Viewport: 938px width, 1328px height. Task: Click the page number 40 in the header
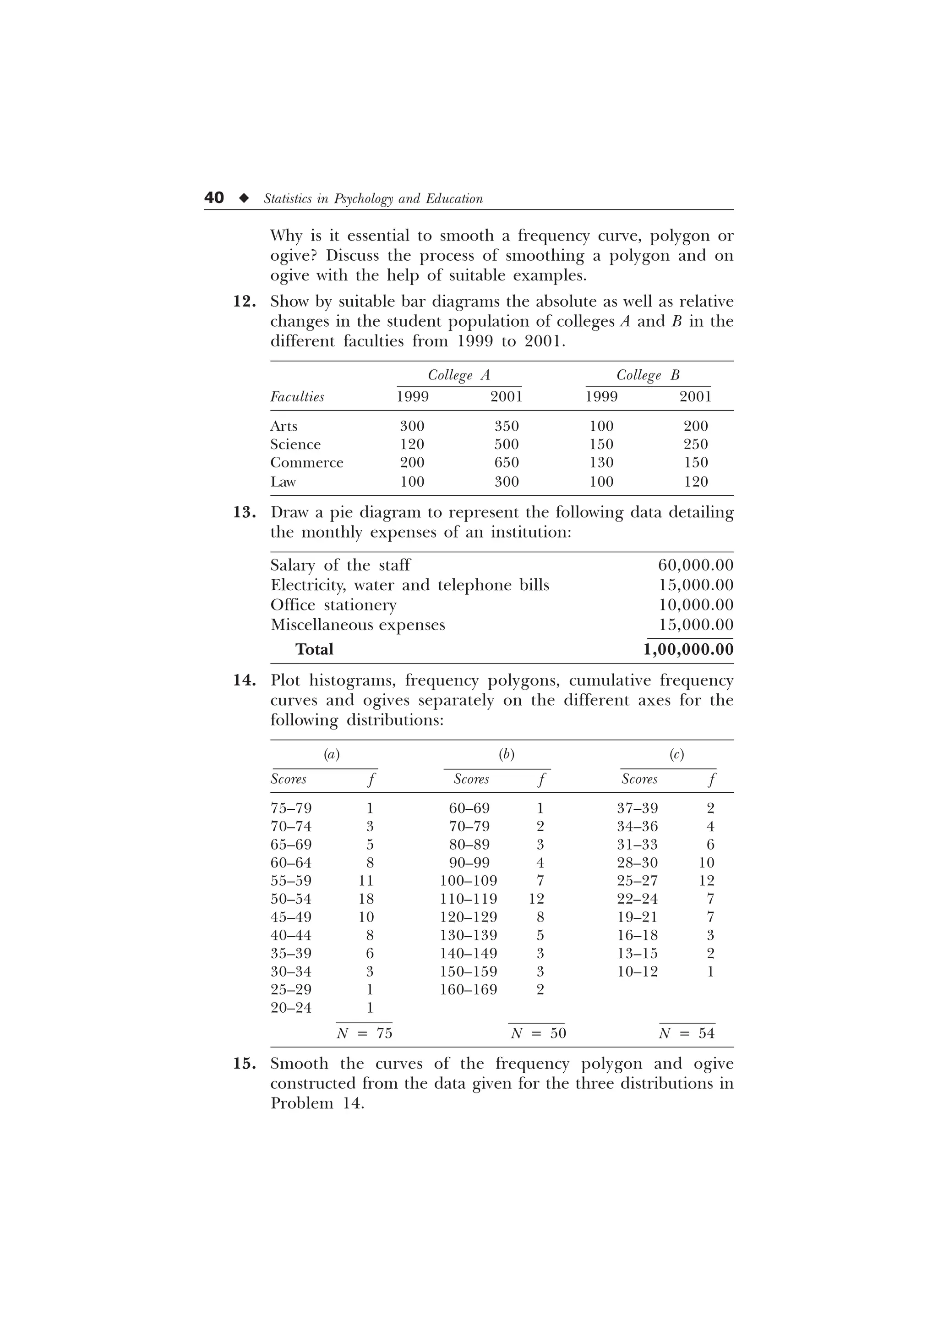(x=214, y=198)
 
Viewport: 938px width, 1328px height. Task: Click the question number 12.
(x=245, y=302)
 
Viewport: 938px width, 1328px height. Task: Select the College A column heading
(x=459, y=375)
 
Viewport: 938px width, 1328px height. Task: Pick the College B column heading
(x=648, y=375)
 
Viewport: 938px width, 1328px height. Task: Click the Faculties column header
(x=297, y=397)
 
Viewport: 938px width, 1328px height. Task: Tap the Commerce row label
(x=306, y=463)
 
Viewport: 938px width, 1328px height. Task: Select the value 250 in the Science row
(x=695, y=444)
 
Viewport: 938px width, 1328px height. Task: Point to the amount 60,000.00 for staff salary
(x=695, y=565)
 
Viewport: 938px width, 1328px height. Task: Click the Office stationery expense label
(x=333, y=605)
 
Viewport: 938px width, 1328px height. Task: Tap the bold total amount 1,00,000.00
(x=688, y=649)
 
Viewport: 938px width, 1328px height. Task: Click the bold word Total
(x=314, y=649)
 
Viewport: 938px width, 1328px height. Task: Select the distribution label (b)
(x=506, y=754)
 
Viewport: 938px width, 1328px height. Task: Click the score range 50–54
(x=291, y=899)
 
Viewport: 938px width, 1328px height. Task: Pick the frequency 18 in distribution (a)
(x=366, y=899)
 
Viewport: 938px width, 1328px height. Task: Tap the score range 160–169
(x=468, y=990)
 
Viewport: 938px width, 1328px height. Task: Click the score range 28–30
(x=638, y=863)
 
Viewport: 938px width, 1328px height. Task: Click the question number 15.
(x=245, y=1064)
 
